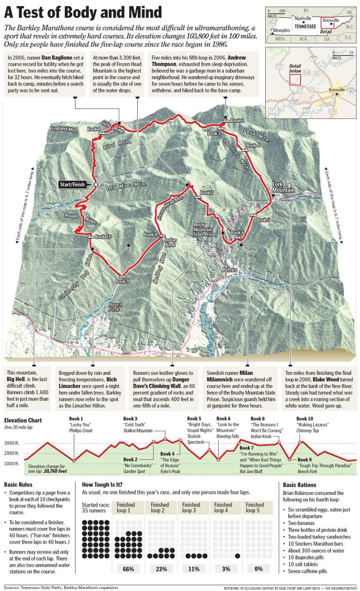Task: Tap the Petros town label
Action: point(229,270)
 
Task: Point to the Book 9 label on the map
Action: point(122,281)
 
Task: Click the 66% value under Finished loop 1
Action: point(128,569)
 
